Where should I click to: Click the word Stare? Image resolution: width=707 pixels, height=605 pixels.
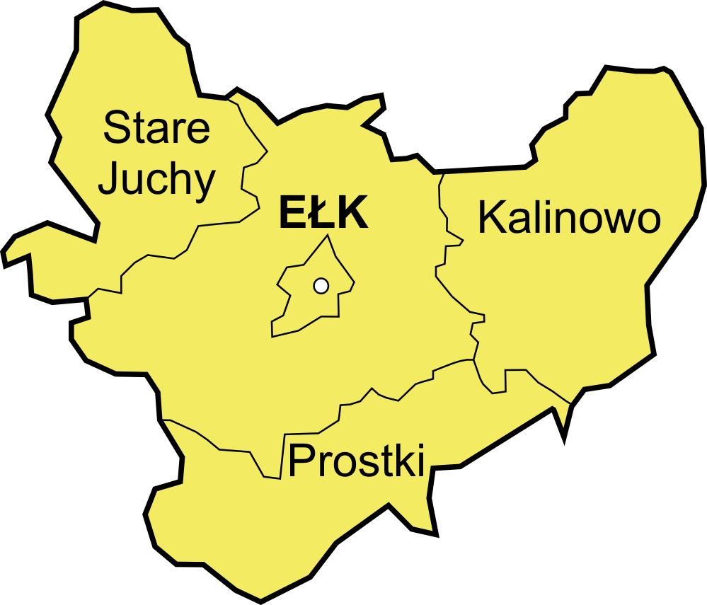click(156, 128)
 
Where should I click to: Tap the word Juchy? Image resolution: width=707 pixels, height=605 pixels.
click(156, 181)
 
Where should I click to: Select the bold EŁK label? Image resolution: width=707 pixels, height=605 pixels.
click(323, 214)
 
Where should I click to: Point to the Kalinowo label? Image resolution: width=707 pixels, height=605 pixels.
click(569, 218)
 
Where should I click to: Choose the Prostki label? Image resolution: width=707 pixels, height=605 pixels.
click(357, 460)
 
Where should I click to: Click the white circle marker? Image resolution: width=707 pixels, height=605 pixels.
click(321, 286)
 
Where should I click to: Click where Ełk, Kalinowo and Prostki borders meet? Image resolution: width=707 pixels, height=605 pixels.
click(473, 359)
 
